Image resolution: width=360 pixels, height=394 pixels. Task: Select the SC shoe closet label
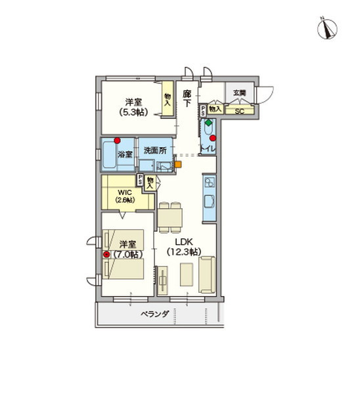click(239, 111)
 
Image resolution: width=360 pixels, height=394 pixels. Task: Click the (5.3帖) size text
click(134, 112)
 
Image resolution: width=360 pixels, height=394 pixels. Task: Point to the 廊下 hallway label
click(187, 98)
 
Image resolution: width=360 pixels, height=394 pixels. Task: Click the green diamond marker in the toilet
click(208, 123)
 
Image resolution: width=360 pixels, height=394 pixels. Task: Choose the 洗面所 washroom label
click(154, 150)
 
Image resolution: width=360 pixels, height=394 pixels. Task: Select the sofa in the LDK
click(206, 274)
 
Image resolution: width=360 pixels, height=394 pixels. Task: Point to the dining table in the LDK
click(171, 216)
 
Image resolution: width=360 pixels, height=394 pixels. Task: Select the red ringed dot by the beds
click(106, 253)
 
